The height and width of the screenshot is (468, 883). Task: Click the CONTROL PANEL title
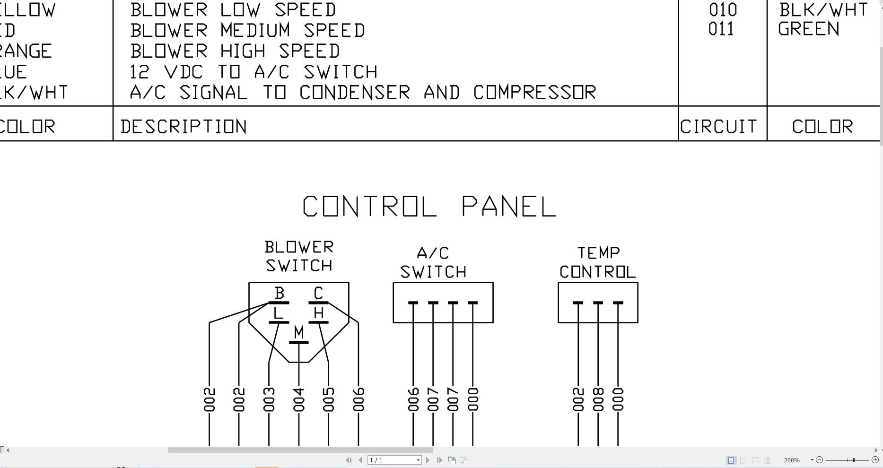tap(429, 207)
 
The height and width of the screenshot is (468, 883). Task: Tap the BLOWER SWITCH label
tap(299, 256)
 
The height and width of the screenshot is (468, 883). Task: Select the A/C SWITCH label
tap(433, 262)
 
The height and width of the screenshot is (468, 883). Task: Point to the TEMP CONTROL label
tap(598, 262)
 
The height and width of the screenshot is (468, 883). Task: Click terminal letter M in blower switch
tap(298, 332)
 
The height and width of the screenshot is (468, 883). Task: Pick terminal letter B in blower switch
tap(279, 294)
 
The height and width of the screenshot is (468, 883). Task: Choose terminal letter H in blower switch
tap(319, 313)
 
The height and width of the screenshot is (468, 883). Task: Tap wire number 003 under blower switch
tap(269, 399)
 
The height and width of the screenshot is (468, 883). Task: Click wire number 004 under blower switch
tap(298, 399)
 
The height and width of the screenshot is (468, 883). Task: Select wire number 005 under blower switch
tap(329, 399)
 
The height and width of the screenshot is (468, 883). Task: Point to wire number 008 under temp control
tap(598, 399)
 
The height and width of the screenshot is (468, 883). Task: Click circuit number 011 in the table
tap(721, 29)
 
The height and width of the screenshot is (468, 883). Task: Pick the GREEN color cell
tap(809, 29)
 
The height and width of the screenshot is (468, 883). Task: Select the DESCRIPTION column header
tap(184, 127)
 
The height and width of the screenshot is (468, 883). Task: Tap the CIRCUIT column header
tap(718, 127)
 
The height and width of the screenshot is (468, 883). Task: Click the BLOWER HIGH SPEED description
tap(235, 51)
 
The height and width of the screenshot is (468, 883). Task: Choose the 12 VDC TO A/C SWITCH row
tap(254, 72)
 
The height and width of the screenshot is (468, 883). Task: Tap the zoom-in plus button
tap(875, 459)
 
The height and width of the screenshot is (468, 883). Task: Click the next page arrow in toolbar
tap(428, 460)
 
